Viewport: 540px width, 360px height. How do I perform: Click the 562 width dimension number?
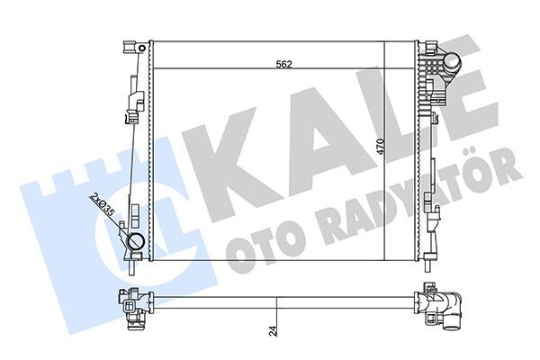[x=283, y=63]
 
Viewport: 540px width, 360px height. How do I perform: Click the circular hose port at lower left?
[x=138, y=242]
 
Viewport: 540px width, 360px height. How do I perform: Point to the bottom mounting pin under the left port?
[x=134, y=266]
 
